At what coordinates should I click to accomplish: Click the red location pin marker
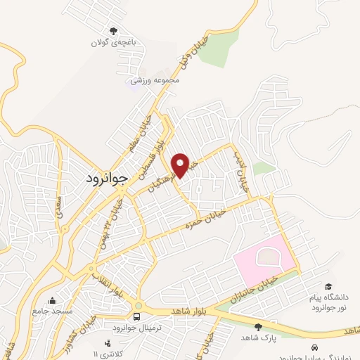click(180, 165)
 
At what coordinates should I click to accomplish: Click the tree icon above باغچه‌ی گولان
click(112, 30)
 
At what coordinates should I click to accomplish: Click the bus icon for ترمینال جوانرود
click(137, 316)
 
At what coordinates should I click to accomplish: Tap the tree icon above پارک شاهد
click(258, 326)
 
